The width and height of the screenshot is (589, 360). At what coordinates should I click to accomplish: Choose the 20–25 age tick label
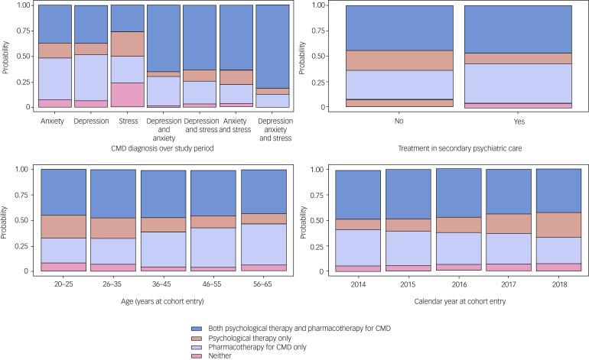[63, 281]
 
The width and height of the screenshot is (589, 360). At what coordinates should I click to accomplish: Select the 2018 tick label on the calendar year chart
[558, 281]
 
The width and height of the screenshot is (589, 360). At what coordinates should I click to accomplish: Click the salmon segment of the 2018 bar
[558, 225]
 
